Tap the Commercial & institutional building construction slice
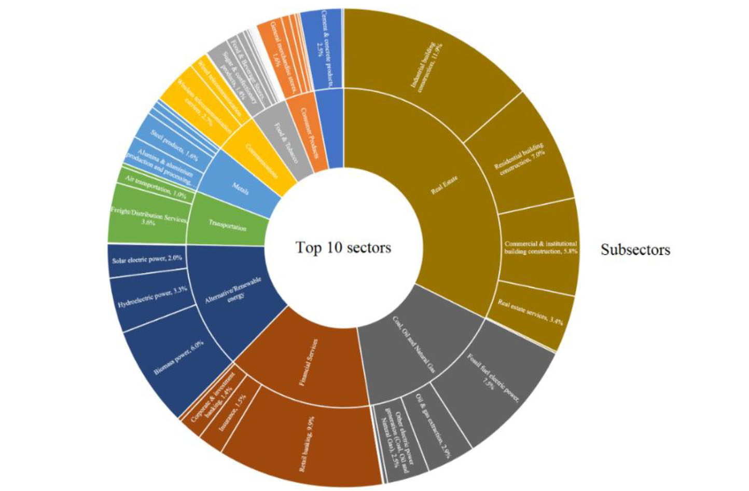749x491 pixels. coord(539,247)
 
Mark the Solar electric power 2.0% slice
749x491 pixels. coord(147,258)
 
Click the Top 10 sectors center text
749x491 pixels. coord(343,247)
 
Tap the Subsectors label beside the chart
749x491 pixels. coord(635,250)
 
